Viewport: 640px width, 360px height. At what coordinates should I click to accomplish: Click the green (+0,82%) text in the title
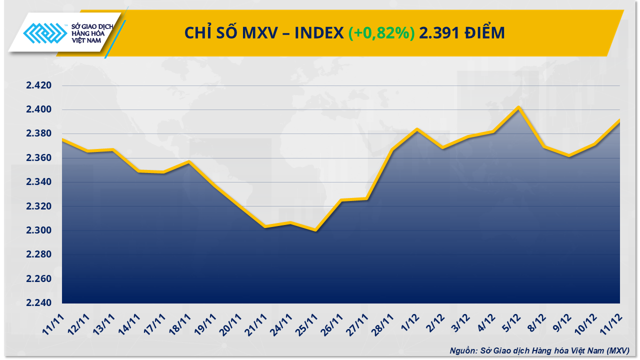point(381,33)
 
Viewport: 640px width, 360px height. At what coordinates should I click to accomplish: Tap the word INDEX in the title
point(319,33)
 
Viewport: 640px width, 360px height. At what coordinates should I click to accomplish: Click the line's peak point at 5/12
point(519,107)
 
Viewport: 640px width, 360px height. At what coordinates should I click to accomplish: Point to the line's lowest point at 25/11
point(315,230)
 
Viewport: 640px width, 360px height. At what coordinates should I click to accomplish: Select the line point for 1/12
point(417,129)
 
